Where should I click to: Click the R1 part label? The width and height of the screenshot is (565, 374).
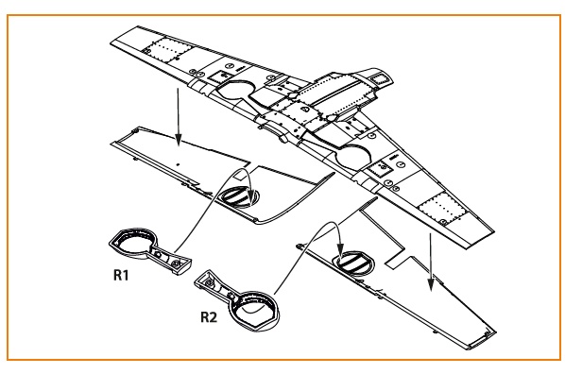click(x=121, y=275)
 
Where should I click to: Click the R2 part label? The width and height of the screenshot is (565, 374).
click(x=209, y=317)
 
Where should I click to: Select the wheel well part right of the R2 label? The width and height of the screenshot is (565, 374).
click(x=238, y=299)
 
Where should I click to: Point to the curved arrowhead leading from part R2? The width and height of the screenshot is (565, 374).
click(x=340, y=249)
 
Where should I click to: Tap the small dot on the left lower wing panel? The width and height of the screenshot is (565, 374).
click(x=178, y=164)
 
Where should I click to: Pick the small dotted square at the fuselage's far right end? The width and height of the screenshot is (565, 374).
click(x=379, y=78)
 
